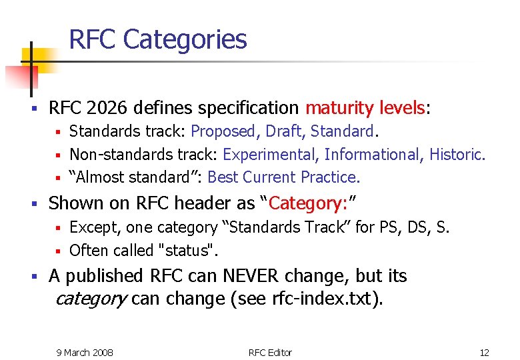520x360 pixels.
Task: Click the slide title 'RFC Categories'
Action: tap(157, 39)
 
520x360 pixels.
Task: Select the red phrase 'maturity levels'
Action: tap(365, 108)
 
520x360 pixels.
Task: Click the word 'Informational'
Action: tap(374, 155)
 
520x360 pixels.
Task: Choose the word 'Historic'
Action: tap(456, 155)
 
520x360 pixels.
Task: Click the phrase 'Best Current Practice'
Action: tap(283, 177)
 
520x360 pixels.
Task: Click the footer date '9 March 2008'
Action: tap(85, 352)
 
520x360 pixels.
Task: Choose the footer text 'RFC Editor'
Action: tap(270, 352)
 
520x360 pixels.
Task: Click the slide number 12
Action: tap(484, 352)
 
